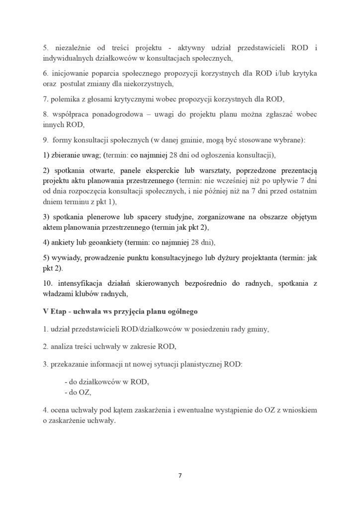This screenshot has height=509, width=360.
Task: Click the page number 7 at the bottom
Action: point(180,475)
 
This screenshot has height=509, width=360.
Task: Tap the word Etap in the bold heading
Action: point(59,312)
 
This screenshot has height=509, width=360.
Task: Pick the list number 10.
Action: point(48,284)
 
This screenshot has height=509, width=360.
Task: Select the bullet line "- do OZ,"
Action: point(78,392)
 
